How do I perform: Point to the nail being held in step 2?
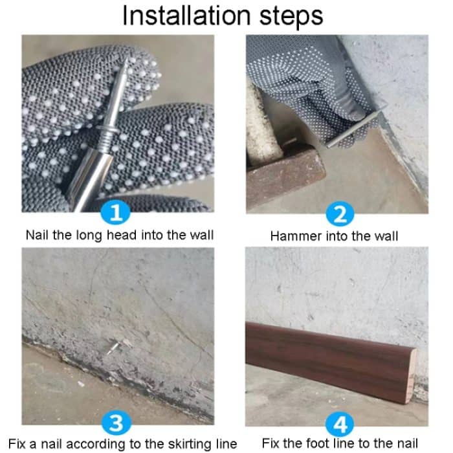353,129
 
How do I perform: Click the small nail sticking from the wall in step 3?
115,348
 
